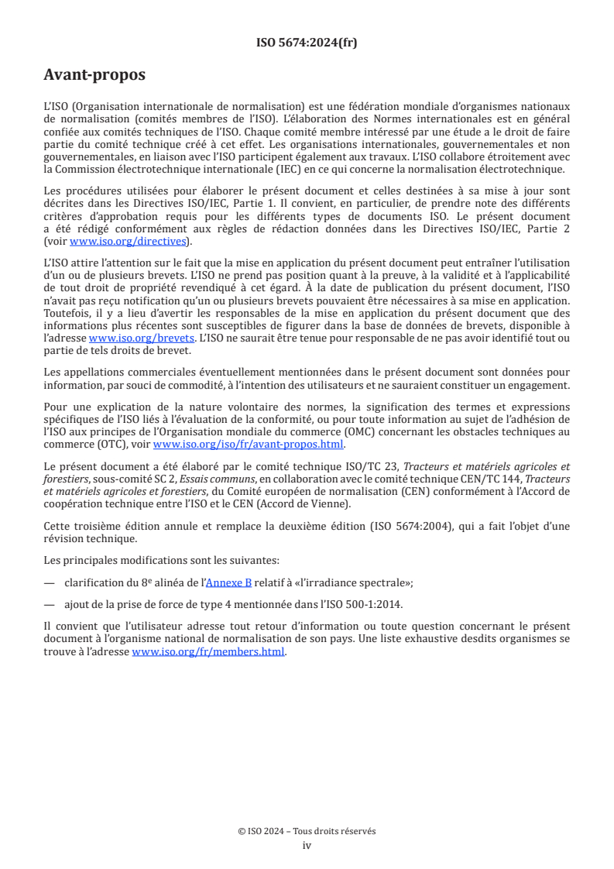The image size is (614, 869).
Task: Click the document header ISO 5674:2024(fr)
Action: click(307, 43)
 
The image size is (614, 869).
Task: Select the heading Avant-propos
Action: click(94, 76)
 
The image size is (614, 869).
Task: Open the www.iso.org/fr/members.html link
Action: click(209, 652)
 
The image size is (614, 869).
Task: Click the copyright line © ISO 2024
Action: click(307, 831)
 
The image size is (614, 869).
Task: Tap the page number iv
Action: click(307, 845)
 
